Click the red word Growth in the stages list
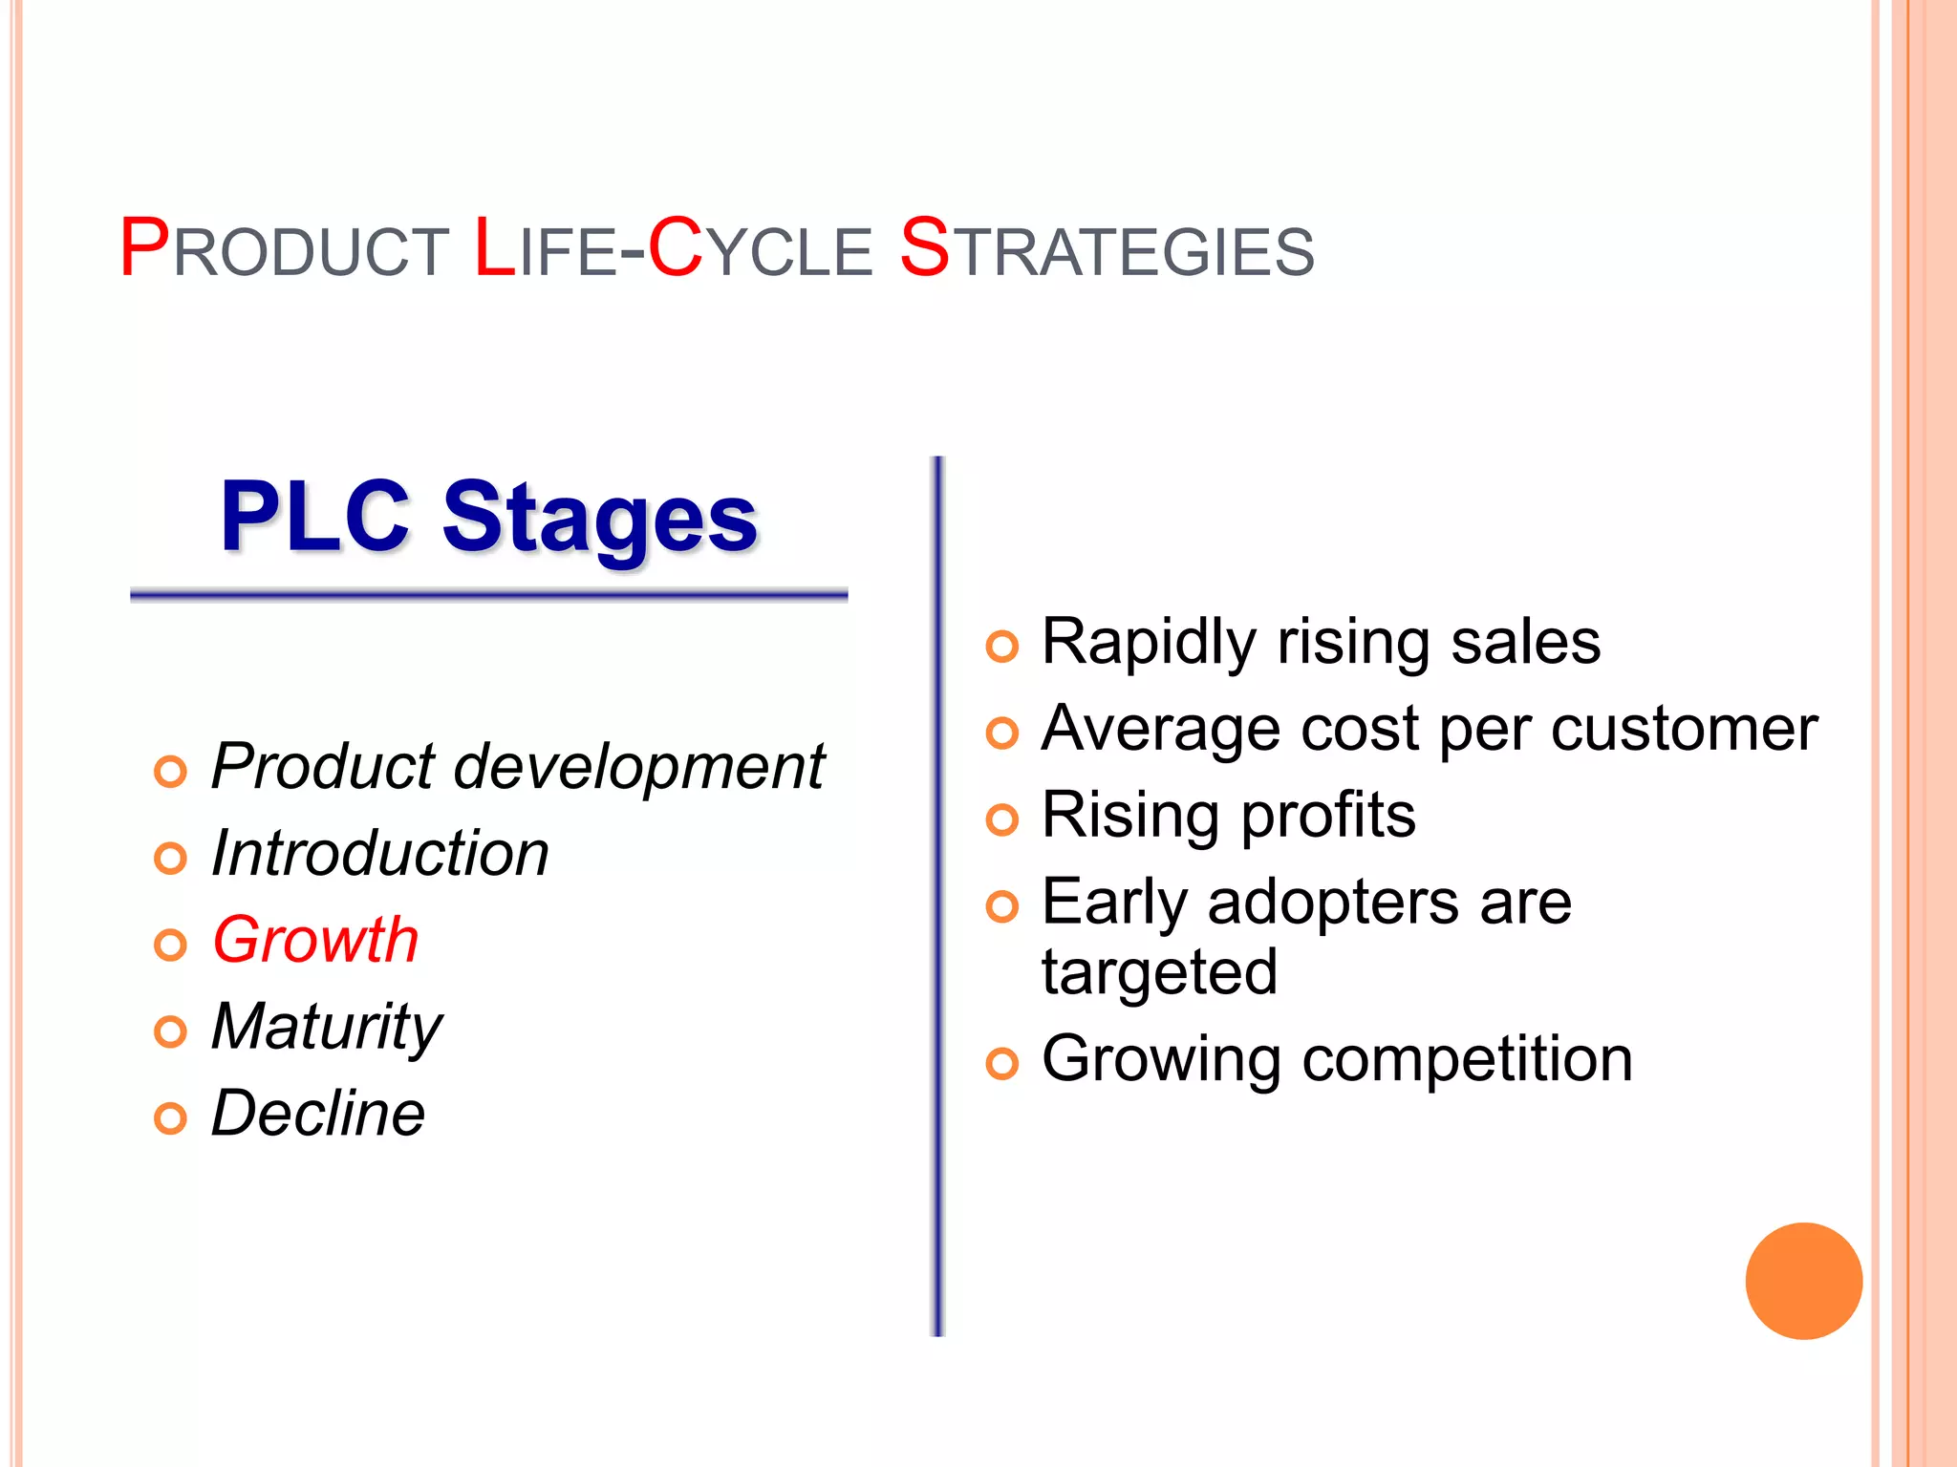[315, 940]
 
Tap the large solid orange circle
[1803, 1281]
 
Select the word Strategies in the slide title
[1107, 250]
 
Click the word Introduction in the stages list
[379, 853]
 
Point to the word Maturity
[326, 1028]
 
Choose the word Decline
[317, 1114]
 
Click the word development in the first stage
[638, 767]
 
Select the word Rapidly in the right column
[1148, 642]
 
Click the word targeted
[1159, 973]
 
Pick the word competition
[1467, 1059]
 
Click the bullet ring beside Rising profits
[1001, 819]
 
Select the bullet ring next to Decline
[170, 1118]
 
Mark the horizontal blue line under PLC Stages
[488, 595]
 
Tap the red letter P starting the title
[143, 248]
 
